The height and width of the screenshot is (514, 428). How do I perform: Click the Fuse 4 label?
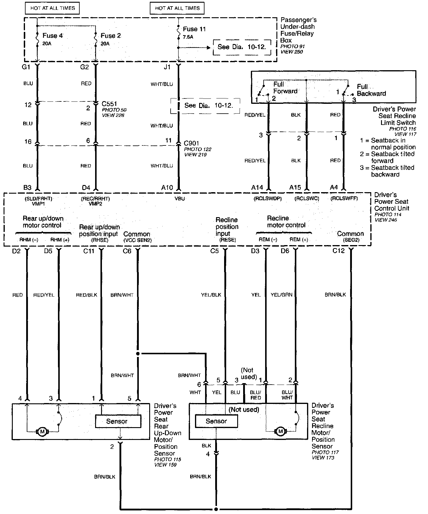point(52,36)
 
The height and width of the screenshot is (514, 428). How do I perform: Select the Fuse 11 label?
point(194,29)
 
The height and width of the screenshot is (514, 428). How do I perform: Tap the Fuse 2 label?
point(111,36)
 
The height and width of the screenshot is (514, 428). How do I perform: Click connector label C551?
point(109,104)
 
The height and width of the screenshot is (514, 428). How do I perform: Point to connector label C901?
point(191,143)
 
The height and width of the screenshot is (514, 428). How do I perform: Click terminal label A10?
point(167,188)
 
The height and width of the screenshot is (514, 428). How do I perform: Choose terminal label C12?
point(339,251)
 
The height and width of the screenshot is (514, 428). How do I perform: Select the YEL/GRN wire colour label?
point(281,295)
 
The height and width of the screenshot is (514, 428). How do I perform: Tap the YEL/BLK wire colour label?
point(211,295)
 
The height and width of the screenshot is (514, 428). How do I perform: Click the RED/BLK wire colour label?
point(86,295)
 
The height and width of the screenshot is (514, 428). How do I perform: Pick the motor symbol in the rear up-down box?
point(42,431)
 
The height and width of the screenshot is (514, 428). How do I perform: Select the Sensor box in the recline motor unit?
point(216,421)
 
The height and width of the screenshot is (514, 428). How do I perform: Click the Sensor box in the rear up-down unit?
point(118,421)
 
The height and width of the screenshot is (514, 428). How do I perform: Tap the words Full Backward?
point(371,90)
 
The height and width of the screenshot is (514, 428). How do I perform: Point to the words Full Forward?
point(285,88)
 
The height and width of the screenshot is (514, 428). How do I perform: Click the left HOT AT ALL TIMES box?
point(53,8)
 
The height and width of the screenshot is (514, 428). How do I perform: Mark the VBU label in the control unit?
point(180,199)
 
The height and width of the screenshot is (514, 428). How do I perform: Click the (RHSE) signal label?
point(100,240)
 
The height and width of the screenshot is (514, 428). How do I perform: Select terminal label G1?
point(26,67)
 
